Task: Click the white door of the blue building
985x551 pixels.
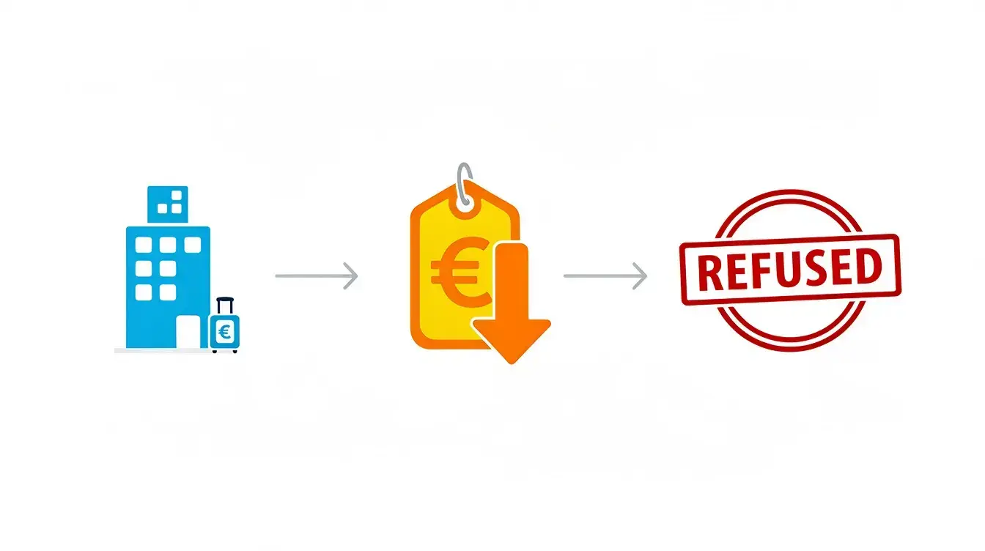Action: coord(188,332)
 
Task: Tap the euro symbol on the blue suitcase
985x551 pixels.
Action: coord(225,331)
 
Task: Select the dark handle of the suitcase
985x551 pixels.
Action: coord(225,306)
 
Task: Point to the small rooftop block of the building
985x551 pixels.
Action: coord(168,204)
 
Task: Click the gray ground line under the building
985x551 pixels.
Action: coord(163,350)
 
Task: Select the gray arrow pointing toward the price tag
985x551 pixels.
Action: coord(317,275)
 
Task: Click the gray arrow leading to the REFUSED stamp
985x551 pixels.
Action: coord(605,275)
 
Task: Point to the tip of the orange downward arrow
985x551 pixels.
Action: coord(512,364)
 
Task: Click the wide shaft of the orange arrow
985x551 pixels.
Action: coord(512,281)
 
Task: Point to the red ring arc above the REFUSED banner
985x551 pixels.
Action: coord(789,196)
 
